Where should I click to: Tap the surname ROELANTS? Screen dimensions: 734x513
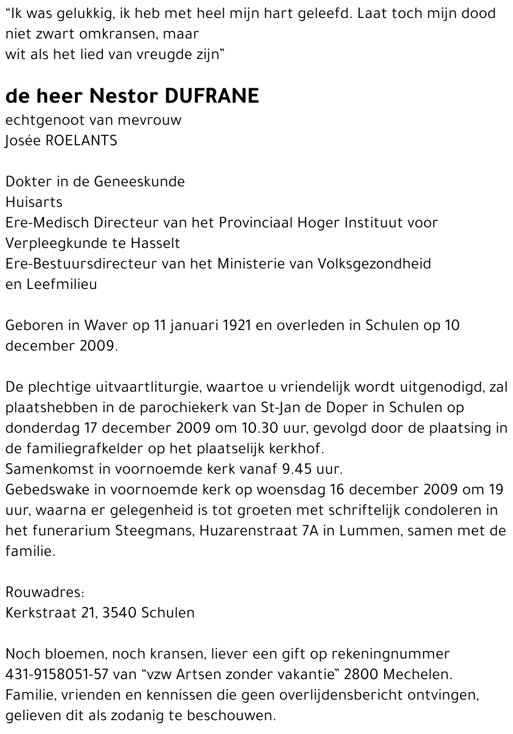(x=82, y=141)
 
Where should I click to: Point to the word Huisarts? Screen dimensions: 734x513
(x=34, y=202)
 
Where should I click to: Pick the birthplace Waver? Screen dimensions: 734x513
(x=102, y=325)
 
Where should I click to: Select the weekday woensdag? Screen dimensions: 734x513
(x=291, y=490)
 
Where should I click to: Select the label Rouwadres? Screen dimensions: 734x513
(x=45, y=592)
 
